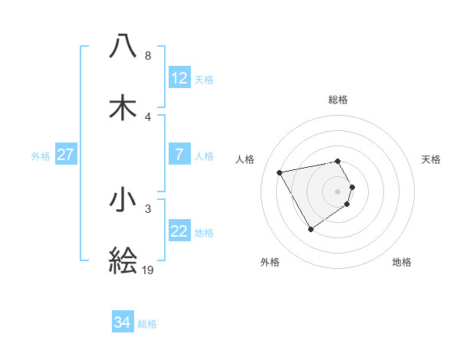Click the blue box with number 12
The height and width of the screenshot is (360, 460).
179,78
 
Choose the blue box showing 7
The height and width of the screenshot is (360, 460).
179,155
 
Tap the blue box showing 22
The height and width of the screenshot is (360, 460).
179,231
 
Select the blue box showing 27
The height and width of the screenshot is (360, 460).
66,155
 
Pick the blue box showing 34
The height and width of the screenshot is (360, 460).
123,322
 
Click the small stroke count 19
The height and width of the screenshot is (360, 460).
148,270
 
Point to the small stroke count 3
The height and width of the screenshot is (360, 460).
147,208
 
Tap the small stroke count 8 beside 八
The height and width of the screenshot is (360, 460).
147,55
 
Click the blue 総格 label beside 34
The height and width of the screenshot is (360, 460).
147,324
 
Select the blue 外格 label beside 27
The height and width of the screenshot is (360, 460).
41,155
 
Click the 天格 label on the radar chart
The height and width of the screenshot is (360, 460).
432,159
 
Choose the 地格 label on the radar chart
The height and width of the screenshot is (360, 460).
402,262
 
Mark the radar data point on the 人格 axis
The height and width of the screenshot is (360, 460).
280,172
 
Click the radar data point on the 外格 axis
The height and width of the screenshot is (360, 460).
310,229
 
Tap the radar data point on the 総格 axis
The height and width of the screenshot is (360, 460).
337,161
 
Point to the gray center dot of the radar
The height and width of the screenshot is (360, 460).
337,191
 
